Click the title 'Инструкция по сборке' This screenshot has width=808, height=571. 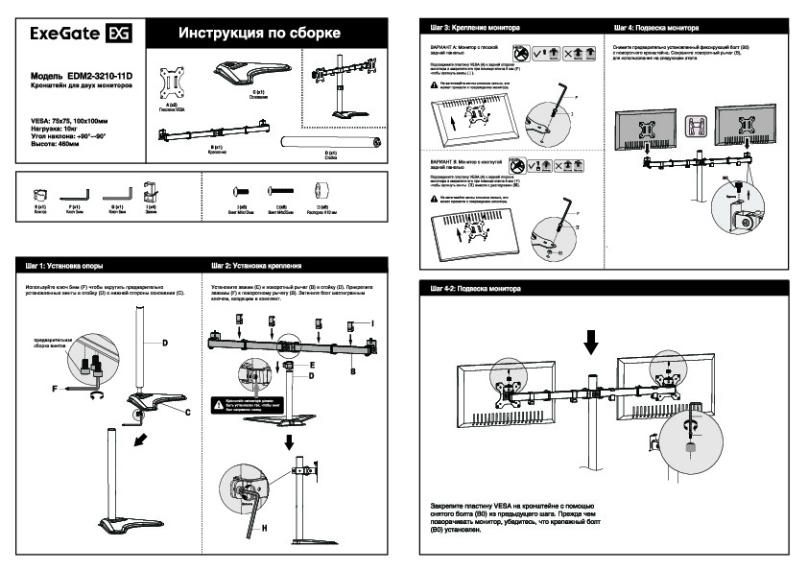tap(259, 35)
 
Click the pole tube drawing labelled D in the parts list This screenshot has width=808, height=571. tap(329, 143)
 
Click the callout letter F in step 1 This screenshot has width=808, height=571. tap(55, 389)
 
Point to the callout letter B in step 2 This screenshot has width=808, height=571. tap(353, 369)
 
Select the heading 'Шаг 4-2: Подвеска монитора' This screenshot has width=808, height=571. tap(474, 288)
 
